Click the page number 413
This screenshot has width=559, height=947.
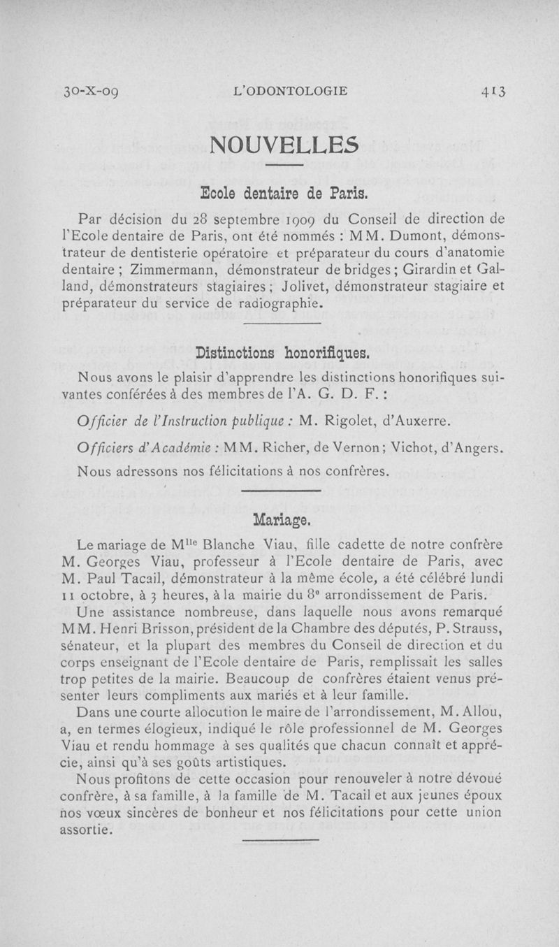click(493, 91)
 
